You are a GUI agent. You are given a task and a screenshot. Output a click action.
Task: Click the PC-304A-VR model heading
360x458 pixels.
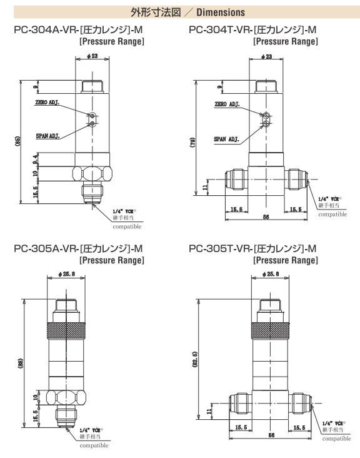(x=78, y=30)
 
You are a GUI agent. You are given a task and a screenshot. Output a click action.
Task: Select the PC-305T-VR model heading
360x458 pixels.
(x=252, y=248)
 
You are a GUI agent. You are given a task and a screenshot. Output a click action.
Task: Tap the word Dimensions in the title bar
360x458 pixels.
(x=221, y=13)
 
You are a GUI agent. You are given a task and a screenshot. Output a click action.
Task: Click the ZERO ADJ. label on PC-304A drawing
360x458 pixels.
(x=47, y=103)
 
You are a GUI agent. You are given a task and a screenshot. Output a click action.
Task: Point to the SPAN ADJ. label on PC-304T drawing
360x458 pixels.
(x=226, y=140)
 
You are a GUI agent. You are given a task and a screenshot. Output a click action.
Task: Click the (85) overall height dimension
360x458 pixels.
(x=18, y=141)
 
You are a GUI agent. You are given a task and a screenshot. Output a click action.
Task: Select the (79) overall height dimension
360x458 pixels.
(x=192, y=142)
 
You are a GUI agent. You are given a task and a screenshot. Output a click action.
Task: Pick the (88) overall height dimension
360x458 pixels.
(x=20, y=364)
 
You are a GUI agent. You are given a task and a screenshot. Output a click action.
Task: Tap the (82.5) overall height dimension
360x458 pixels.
(x=195, y=359)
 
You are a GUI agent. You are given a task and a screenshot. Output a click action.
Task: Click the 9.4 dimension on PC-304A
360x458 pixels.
(x=35, y=158)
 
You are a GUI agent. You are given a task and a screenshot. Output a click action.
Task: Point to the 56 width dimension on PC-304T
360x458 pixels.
(x=266, y=217)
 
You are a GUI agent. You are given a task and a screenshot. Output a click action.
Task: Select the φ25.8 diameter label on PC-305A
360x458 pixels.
(x=66, y=274)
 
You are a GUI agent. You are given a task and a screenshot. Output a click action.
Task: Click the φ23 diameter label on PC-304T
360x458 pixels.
(x=266, y=56)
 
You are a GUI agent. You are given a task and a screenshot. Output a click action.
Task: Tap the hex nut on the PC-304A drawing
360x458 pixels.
(x=92, y=174)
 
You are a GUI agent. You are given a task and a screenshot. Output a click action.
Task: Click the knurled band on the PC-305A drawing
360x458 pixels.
(x=66, y=330)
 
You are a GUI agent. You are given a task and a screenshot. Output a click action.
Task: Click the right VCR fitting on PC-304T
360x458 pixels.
(x=296, y=180)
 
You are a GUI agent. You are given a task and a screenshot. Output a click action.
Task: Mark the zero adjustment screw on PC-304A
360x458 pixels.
(x=92, y=114)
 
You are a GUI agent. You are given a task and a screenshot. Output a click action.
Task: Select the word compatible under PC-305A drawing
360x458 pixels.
(x=94, y=445)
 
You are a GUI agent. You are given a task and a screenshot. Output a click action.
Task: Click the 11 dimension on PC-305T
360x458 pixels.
(x=209, y=412)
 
